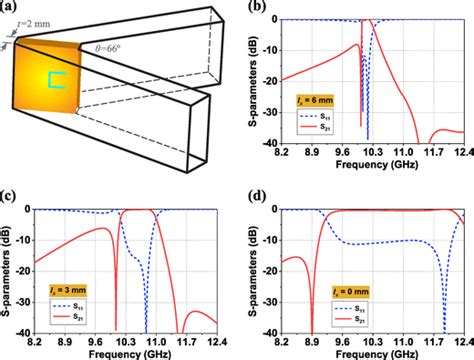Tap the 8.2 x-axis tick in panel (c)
click(37, 343)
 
